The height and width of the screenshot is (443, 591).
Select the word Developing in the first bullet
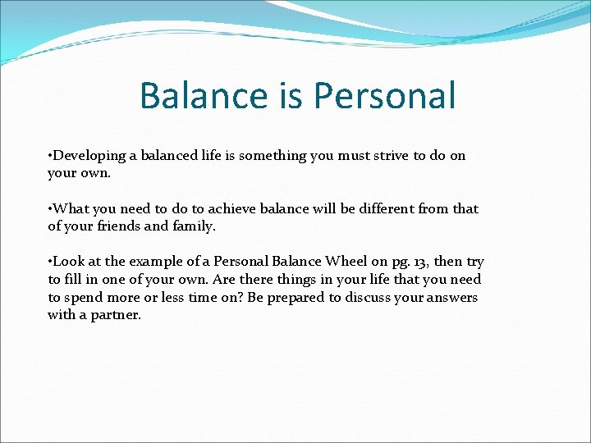pos(89,156)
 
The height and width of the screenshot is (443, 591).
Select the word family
pos(194,226)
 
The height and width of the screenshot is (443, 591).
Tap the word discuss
pos(368,298)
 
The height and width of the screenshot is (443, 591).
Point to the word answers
pos(450,298)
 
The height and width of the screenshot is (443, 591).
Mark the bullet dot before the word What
pos(50,209)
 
